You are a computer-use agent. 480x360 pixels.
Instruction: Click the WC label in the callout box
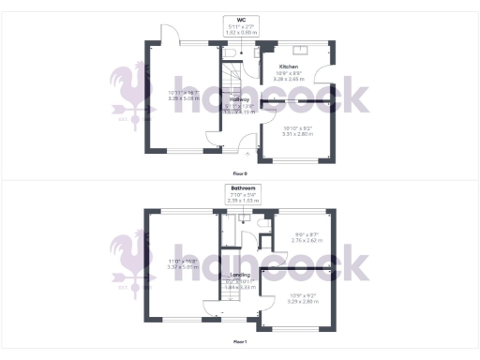coord(241,18)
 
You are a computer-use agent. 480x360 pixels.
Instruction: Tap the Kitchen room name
coord(288,67)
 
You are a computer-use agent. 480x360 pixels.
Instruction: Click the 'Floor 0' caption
coord(240,173)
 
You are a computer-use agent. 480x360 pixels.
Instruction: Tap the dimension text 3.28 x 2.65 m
coord(288,80)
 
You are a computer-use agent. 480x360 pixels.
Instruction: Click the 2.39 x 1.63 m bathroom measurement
coord(241,201)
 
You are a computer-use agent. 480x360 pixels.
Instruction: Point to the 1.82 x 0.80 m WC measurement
coord(241,31)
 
